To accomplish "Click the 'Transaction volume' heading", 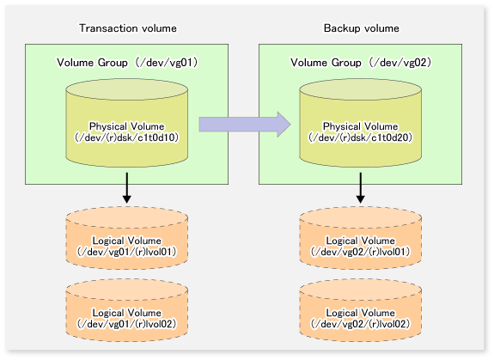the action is (128, 28).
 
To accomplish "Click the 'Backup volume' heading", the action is (362, 28).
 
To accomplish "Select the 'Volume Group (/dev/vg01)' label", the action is (127, 63).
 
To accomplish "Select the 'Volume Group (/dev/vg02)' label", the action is (361, 63).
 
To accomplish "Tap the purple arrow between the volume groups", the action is (245, 125).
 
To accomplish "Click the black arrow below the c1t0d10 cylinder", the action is (127, 187).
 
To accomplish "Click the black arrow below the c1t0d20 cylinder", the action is (361, 187).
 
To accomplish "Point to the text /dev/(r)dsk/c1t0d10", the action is (127, 137).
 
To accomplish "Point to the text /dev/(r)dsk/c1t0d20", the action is (361, 137).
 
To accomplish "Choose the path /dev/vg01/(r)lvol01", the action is (126, 252).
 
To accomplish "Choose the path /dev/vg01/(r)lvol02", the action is (126, 324).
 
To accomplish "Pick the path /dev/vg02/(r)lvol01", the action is (361, 252).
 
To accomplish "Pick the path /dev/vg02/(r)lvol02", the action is (361, 324).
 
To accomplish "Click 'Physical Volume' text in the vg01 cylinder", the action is (126, 126).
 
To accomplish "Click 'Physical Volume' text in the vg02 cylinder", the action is (361, 126).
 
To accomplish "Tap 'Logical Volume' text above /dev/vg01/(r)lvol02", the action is (126, 313).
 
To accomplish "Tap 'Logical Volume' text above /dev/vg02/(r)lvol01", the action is (361, 241).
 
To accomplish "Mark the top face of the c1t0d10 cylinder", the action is (127, 89).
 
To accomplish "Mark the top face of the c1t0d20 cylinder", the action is (361, 89).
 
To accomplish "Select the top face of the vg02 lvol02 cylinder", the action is (361, 290).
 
